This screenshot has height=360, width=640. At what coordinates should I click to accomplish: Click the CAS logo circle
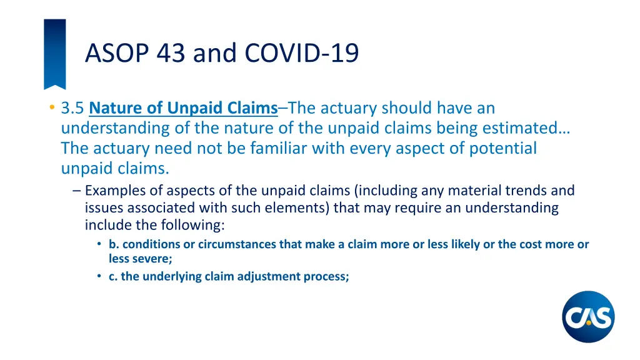coord(588,317)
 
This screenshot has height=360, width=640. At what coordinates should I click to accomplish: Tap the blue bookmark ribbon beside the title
coord(54,53)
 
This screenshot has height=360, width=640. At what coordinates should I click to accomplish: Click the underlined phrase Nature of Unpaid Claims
coord(183,108)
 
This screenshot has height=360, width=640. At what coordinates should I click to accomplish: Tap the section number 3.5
coord(72,108)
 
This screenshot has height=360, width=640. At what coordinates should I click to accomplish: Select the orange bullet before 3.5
coord(51,108)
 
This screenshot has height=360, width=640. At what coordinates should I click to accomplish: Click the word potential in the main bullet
coord(496,148)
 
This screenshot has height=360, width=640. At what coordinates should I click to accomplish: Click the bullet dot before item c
coord(100,276)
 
